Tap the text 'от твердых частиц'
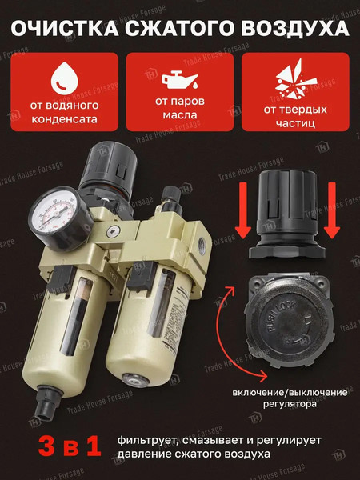click(x=295, y=116)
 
